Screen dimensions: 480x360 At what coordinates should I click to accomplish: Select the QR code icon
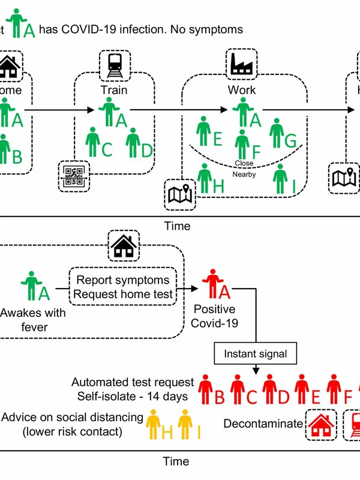click(x=74, y=176)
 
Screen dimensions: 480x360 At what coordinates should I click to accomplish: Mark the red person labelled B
click(x=206, y=389)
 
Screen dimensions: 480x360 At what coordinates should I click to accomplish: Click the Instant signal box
click(x=256, y=353)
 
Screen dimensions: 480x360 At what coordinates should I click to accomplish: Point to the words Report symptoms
click(x=123, y=280)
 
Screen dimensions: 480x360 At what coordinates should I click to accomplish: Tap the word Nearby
click(x=244, y=175)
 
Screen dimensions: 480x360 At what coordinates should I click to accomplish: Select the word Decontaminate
click(x=263, y=424)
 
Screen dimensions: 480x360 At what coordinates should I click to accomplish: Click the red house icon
click(x=320, y=424)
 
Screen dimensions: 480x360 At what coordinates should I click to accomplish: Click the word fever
click(x=34, y=327)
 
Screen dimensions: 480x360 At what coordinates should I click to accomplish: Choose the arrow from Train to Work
click(x=180, y=110)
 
